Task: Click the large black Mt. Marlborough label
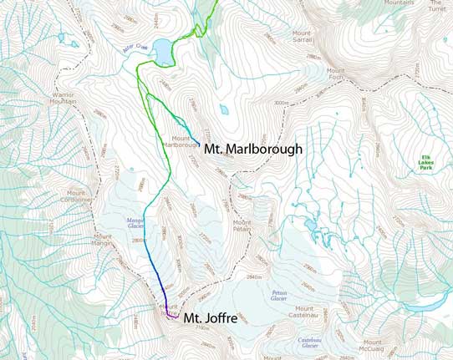[x=254, y=149]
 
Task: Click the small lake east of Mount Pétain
[x=311, y=226]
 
